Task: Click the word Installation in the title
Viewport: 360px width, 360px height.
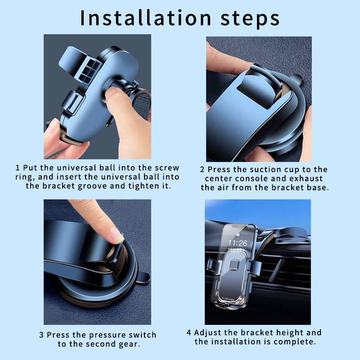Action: (145, 18)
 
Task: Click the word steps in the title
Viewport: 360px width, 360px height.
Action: (250, 19)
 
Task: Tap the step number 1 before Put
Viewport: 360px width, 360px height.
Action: (18, 167)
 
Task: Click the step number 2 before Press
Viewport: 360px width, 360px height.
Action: (202, 170)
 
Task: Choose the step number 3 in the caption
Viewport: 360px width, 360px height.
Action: (41, 335)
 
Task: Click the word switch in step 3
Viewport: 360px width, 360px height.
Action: (142, 335)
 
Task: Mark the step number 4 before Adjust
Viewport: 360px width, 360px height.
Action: (189, 333)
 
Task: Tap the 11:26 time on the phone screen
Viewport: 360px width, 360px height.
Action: (238, 243)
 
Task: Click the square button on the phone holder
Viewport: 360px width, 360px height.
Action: (234, 265)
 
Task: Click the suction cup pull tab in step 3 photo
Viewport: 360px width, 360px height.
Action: (144, 278)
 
